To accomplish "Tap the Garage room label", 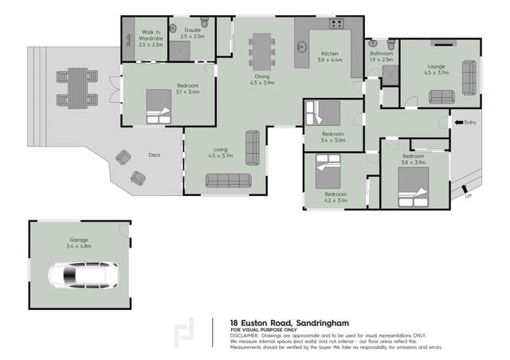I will [x=78, y=240].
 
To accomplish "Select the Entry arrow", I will [x=459, y=123].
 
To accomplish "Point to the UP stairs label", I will [x=469, y=195].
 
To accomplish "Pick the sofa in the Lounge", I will [x=444, y=97].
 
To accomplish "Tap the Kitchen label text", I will [x=330, y=53].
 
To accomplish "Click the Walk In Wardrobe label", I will [x=151, y=38].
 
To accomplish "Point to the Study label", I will [x=128, y=39].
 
